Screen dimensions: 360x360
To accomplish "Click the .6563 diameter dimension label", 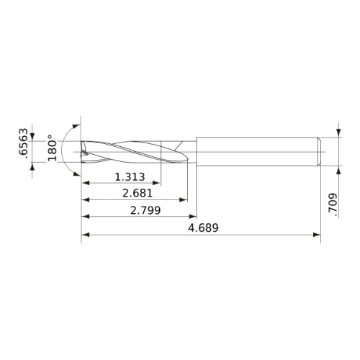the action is click(x=24, y=143).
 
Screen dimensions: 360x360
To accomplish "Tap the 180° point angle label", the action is click(x=52, y=148).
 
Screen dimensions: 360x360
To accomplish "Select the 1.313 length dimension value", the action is click(x=130, y=177).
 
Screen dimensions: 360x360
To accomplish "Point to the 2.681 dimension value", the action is click(x=138, y=193).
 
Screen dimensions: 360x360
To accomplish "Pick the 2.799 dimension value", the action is click(x=145, y=210).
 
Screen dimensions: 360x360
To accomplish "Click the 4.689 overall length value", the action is click(x=203, y=228).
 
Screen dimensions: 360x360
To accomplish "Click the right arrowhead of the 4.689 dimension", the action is click(x=317, y=235).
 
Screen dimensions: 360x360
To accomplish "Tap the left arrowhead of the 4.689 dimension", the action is click(x=86, y=235).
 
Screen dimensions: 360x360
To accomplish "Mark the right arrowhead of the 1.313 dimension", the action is click(x=156, y=183).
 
